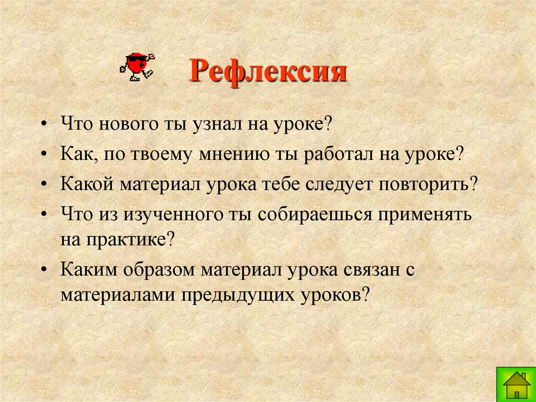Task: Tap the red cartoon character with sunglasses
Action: point(138,66)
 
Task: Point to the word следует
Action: point(346,185)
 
